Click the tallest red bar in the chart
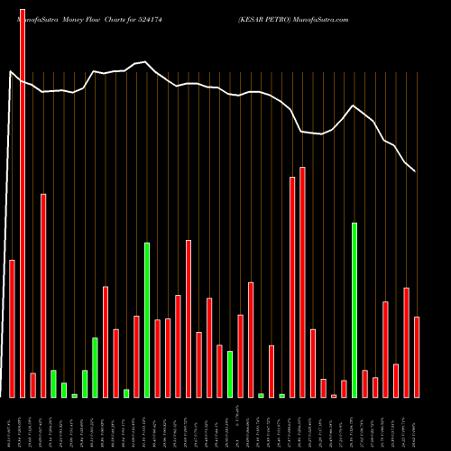pyautogui.click(x=23, y=203)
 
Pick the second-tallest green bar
pyautogui.click(x=147, y=319)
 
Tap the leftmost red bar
pyautogui.click(x=12, y=328)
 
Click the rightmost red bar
pyautogui.click(x=417, y=356)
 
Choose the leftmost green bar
pyautogui.click(x=53, y=383)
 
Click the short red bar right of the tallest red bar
pyautogui.click(x=32, y=385)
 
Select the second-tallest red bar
pyautogui.click(x=302, y=281)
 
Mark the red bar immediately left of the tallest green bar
pyautogui.click(x=344, y=389)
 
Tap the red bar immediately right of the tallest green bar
pyautogui.click(x=364, y=383)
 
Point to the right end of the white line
pyautogui.click(x=415, y=170)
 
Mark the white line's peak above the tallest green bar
pyautogui.click(x=354, y=106)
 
